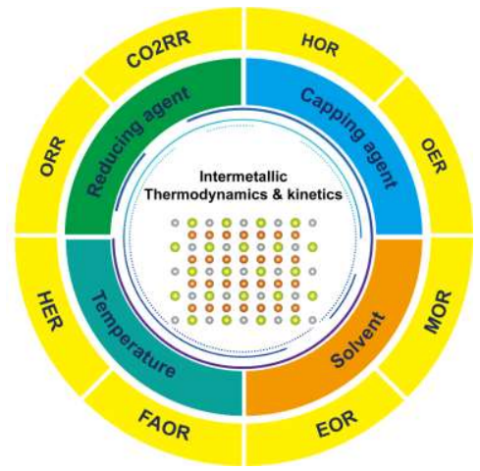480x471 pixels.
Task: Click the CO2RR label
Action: point(158,50)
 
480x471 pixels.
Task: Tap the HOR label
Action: point(320,45)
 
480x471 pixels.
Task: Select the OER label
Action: point(434,155)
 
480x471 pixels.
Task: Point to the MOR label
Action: point(438,312)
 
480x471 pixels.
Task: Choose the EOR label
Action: point(337,424)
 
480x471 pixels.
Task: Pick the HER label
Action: point(50,312)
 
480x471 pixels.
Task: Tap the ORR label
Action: point(52,157)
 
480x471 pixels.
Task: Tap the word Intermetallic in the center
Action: point(243,177)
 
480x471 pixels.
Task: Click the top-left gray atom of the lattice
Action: point(176,223)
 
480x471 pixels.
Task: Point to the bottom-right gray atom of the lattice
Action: point(313,320)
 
